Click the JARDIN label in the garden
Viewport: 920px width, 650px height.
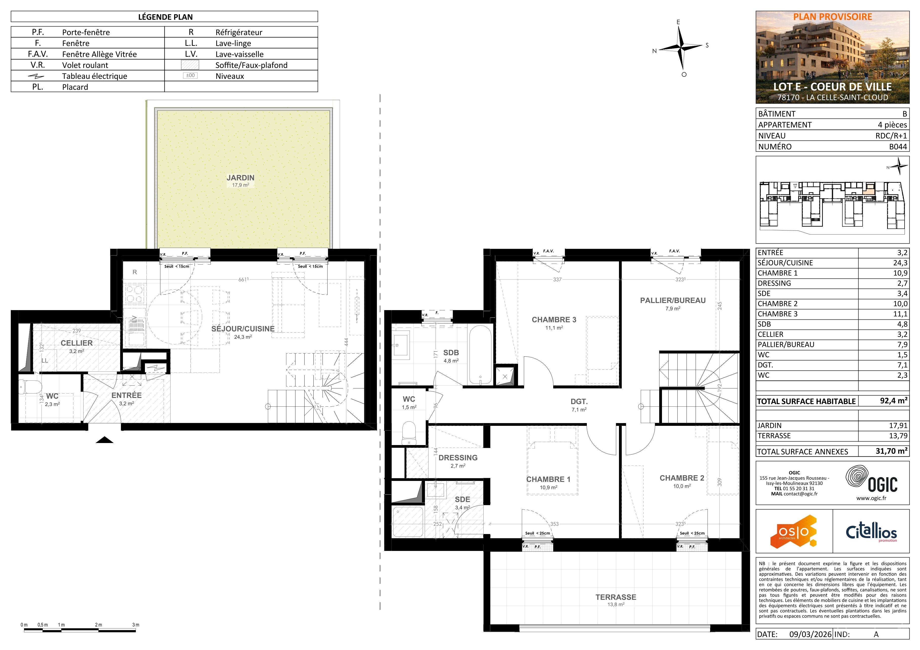tap(240, 178)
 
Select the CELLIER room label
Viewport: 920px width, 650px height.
tap(77, 343)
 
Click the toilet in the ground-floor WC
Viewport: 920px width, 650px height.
tap(30, 387)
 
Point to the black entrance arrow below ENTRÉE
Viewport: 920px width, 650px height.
tap(104, 440)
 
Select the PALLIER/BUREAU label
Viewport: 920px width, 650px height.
tap(673, 300)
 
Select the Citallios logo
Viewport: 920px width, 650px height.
tap(871, 532)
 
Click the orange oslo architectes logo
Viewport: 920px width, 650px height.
tap(793, 531)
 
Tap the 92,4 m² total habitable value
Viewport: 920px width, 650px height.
tap(893, 401)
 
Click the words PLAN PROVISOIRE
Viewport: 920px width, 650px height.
tap(833, 17)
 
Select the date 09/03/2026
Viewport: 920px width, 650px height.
tap(810, 634)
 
